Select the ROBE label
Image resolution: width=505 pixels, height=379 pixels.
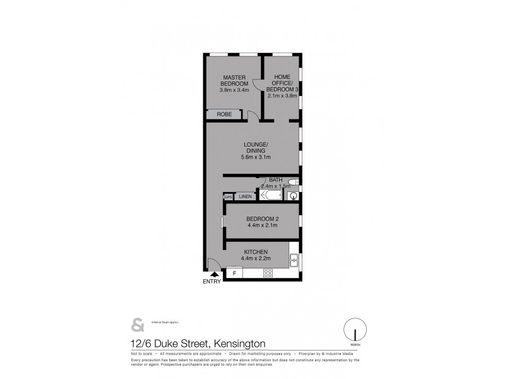[x=224, y=114]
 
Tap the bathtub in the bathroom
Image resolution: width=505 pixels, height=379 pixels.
[x=271, y=195]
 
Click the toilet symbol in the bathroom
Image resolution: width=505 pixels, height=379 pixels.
[x=293, y=183]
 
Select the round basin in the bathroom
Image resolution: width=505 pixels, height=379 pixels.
[x=292, y=196]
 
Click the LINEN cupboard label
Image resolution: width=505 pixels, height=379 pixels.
[x=245, y=196]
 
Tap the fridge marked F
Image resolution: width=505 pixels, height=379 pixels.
[x=234, y=273]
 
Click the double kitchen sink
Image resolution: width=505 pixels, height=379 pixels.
[x=294, y=260]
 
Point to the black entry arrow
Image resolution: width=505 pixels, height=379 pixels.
[x=214, y=274]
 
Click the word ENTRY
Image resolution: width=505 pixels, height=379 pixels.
[x=211, y=282]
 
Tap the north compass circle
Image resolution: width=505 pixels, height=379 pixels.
[x=355, y=330]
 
